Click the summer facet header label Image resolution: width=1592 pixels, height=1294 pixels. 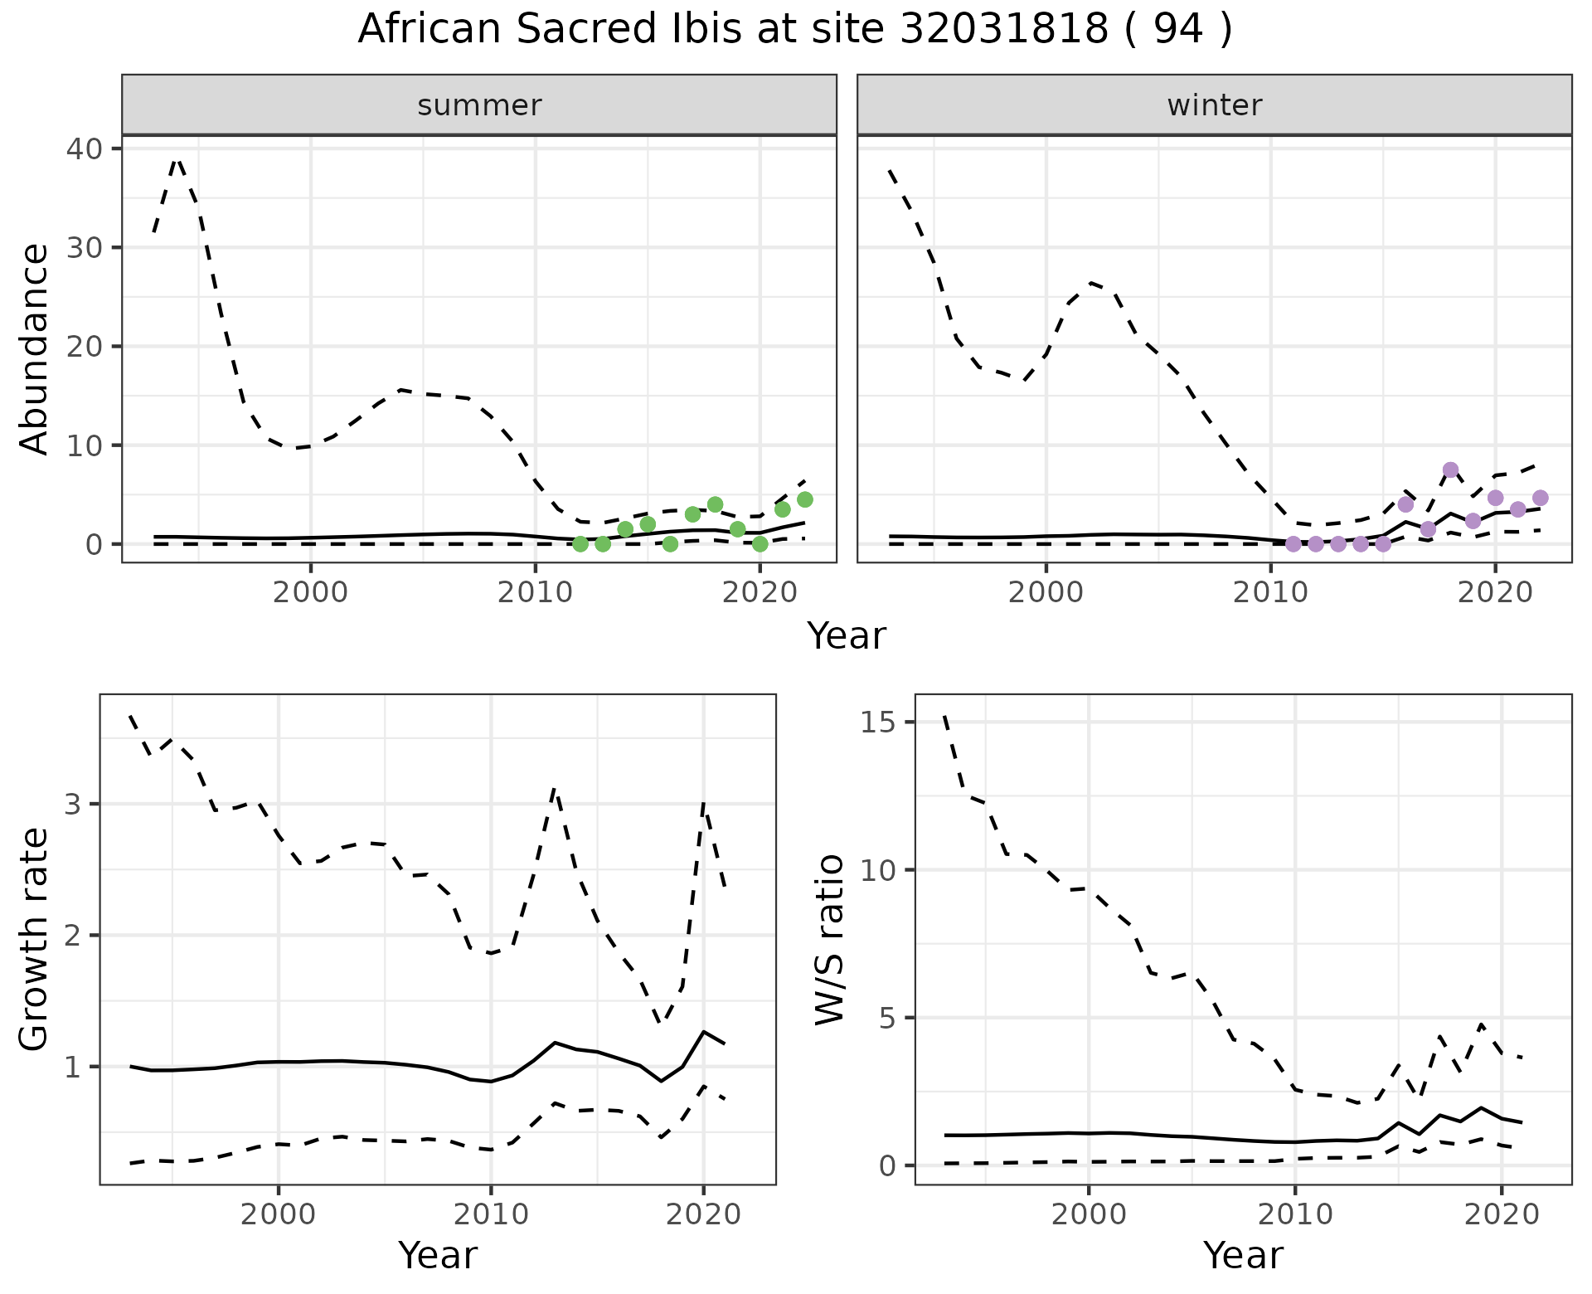coord(479,105)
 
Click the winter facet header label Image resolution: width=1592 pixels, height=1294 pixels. coord(1214,105)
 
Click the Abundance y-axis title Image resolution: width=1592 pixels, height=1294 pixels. coord(35,348)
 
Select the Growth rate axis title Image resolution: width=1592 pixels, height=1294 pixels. coord(35,941)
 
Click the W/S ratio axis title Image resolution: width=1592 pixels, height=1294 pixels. coord(830,941)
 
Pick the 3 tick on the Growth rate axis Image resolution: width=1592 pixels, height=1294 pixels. coord(75,804)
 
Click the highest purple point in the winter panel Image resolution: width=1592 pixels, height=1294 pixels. coord(1450,469)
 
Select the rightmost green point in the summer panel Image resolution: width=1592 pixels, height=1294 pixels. coord(804,499)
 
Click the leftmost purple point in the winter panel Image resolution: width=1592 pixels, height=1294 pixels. coord(1293,544)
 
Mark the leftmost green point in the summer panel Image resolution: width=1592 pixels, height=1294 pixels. coord(580,544)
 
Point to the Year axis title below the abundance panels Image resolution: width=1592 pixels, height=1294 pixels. coord(847,636)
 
